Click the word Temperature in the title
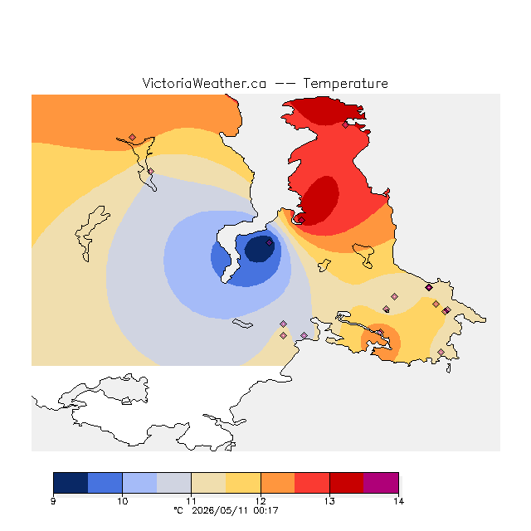(x=345, y=83)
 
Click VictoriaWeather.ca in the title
(x=204, y=83)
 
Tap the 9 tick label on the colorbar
(x=53, y=501)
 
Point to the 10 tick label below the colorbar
(x=122, y=501)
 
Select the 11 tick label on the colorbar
(x=192, y=501)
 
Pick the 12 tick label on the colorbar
(x=261, y=501)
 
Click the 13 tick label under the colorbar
(x=329, y=501)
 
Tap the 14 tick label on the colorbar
(x=398, y=501)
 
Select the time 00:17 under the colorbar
(x=265, y=510)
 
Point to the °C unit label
(x=178, y=510)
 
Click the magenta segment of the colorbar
(x=381, y=483)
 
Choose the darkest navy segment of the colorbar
(x=71, y=483)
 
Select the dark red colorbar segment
(x=347, y=483)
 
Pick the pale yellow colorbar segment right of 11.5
(x=243, y=483)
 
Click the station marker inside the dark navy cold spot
(x=269, y=242)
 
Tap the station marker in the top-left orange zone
(x=133, y=137)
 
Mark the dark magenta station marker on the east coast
(x=429, y=288)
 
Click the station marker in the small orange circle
(x=380, y=332)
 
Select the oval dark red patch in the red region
(x=319, y=200)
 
